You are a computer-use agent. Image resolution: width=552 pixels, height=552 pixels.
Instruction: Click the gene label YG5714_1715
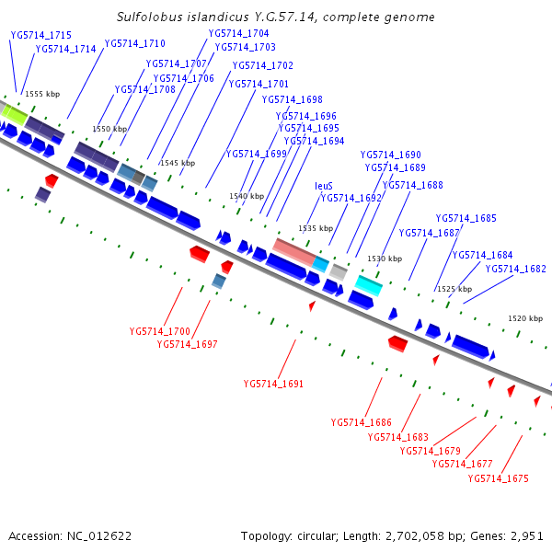(x=41, y=34)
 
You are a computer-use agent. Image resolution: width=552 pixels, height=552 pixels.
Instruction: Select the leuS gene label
(x=324, y=186)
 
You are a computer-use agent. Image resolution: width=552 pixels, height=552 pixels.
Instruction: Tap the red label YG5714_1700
(x=160, y=331)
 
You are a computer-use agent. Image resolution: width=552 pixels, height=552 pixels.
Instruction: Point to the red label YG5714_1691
(x=273, y=384)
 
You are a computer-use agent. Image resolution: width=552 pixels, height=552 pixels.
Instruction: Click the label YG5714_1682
(x=515, y=269)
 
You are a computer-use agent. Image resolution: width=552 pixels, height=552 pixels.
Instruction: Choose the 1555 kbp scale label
(x=42, y=94)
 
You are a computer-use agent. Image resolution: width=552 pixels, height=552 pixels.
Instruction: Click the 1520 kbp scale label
(x=525, y=318)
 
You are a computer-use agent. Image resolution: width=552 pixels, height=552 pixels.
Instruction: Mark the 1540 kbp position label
(x=247, y=196)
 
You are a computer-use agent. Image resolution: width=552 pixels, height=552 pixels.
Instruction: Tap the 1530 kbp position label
(x=385, y=259)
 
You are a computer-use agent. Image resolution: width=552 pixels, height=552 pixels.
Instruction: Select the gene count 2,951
(x=525, y=535)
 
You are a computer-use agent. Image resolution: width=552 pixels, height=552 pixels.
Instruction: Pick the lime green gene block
(x=14, y=114)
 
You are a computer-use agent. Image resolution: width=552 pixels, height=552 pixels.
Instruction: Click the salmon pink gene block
(x=294, y=251)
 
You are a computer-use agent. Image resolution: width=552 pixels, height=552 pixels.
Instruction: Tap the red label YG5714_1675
(x=498, y=478)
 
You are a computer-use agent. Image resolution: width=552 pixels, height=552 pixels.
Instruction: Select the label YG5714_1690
(x=390, y=155)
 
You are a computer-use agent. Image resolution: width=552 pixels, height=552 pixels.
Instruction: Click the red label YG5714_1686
(x=362, y=422)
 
